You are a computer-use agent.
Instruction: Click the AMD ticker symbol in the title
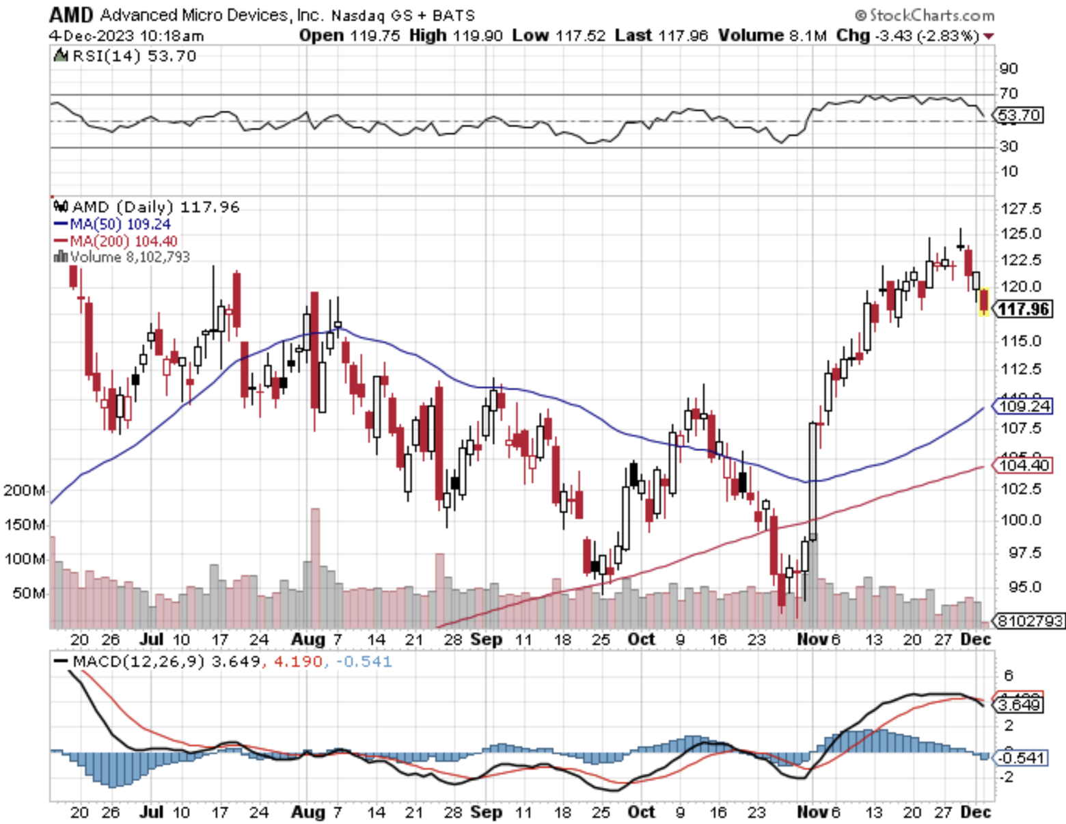pos(71,14)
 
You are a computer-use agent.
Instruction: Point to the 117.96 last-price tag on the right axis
pos(1022,310)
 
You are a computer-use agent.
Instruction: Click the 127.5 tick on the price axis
pos(1021,208)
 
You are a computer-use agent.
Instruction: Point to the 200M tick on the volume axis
pos(25,491)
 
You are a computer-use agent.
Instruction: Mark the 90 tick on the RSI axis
pos(1009,68)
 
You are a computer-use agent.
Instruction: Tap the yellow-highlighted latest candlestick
pos(984,301)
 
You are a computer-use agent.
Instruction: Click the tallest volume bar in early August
pos(315,567)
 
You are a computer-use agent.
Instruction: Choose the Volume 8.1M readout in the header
pos(772,36)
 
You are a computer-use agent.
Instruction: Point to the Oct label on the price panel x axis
pos(641,640)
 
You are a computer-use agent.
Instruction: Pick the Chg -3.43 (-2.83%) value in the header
pos(909,36)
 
